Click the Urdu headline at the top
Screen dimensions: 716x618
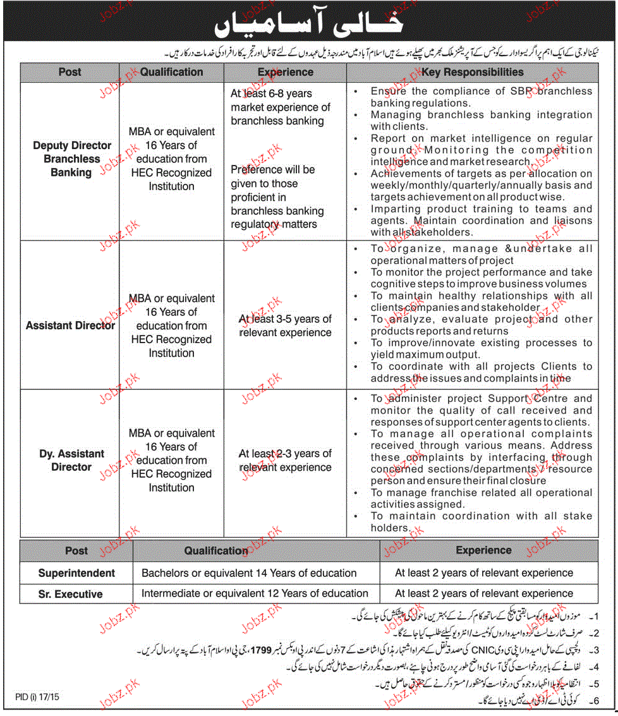[x=308, y=23]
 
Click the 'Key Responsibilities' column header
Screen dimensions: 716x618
[x=472, y=72]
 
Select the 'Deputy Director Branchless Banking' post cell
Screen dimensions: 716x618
[x=71, y=159]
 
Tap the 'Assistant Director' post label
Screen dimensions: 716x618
[x=70, y=325]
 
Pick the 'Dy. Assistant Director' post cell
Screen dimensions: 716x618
[x=71, y=460]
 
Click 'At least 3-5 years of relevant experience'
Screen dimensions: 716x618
[x=285, y=325]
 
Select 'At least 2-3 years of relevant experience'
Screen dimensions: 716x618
[x=285, y=460]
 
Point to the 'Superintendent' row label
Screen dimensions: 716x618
[x=76, y=573]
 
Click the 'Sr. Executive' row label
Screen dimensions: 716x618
[x=70, y=594]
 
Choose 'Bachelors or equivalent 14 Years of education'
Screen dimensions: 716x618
[x=249, y=573]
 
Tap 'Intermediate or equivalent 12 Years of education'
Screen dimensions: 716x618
[x=255, y=594]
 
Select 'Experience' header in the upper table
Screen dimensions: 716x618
[x=285, y=72]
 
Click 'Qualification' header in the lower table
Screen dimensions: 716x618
[x=216, y=551]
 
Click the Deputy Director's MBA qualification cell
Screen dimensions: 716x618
[x=171, y=159]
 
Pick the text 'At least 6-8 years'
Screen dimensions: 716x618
[x=271, y=94]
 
